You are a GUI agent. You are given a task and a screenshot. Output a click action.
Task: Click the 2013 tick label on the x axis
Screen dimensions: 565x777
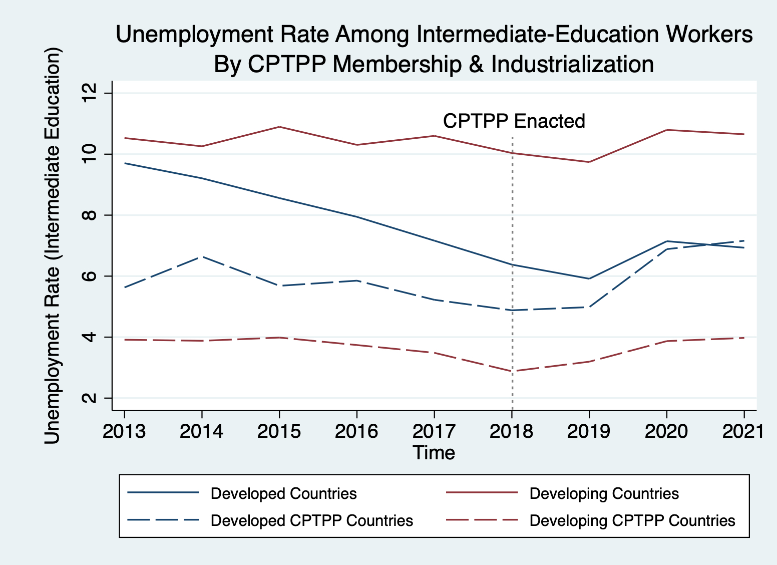point(124,431)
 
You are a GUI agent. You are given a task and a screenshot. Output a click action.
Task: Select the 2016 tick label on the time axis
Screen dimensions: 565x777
point(356,431)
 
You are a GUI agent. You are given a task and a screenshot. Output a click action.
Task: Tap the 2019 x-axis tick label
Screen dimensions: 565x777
point(589,431)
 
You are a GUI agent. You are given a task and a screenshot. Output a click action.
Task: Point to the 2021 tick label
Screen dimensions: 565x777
point(743,431)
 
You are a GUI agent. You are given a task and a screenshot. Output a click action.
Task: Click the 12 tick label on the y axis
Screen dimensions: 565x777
point(89,94)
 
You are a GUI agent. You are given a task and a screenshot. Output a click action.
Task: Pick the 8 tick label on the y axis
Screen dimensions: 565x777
point(89,215)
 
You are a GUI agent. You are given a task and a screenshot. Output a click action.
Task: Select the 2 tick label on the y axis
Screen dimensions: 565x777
point(89,398)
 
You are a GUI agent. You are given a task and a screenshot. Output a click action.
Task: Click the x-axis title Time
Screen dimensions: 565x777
point(434,453)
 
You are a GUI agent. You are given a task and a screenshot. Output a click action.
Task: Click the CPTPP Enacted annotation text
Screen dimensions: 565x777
point(514,121)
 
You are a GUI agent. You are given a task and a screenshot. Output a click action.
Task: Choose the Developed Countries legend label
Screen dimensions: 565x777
point(283,494)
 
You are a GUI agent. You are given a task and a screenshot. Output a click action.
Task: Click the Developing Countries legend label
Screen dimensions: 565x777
point(604,494)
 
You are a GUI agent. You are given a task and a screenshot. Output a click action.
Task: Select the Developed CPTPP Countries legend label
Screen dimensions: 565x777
point(311,521)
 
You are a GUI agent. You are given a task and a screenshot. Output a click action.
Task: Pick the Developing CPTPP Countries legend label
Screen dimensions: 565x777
point(632,521)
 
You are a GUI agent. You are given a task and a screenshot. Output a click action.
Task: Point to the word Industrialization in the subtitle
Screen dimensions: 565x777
point(572,64)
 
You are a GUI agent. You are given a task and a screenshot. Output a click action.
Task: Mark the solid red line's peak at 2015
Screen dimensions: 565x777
point(279,127)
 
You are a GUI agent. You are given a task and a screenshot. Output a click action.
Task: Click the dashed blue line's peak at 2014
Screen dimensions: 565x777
point(202,256)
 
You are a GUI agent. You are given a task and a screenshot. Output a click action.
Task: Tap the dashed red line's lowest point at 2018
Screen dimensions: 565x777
point(512,371)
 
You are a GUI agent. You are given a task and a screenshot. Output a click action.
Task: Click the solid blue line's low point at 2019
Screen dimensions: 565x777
point(589,278)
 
